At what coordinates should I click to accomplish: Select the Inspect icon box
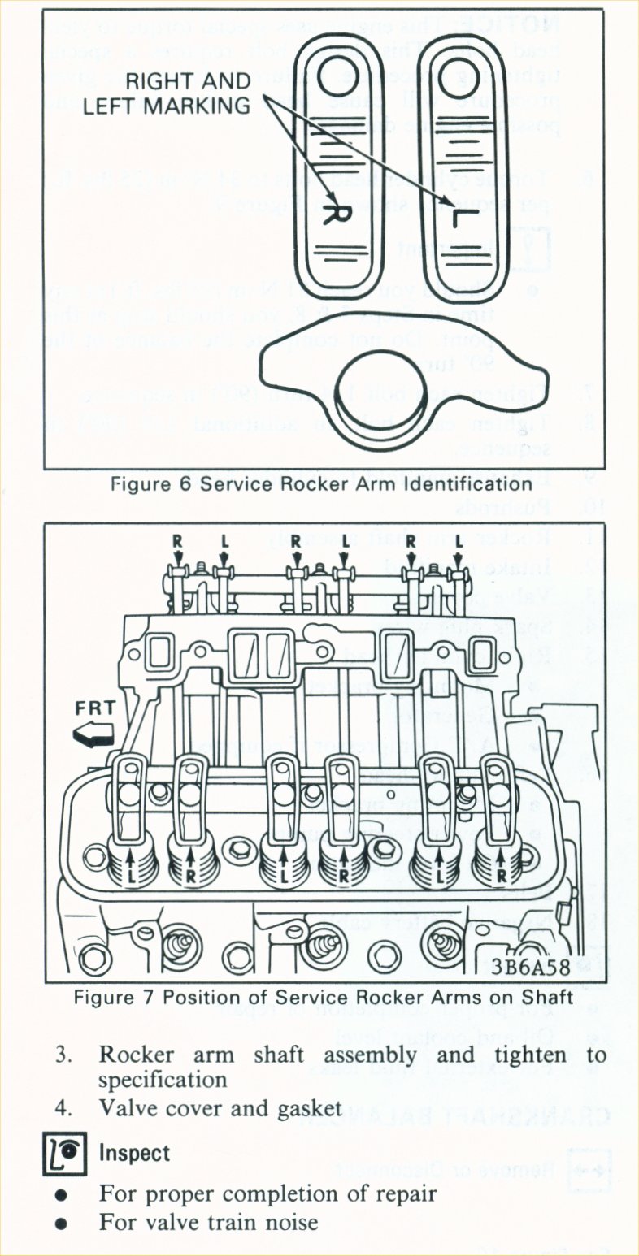pos(64,1154)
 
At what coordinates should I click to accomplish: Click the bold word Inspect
pos(135,1154)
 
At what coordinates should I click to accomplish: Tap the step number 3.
pos(63,1056)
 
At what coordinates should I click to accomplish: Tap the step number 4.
pos(63,1108)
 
